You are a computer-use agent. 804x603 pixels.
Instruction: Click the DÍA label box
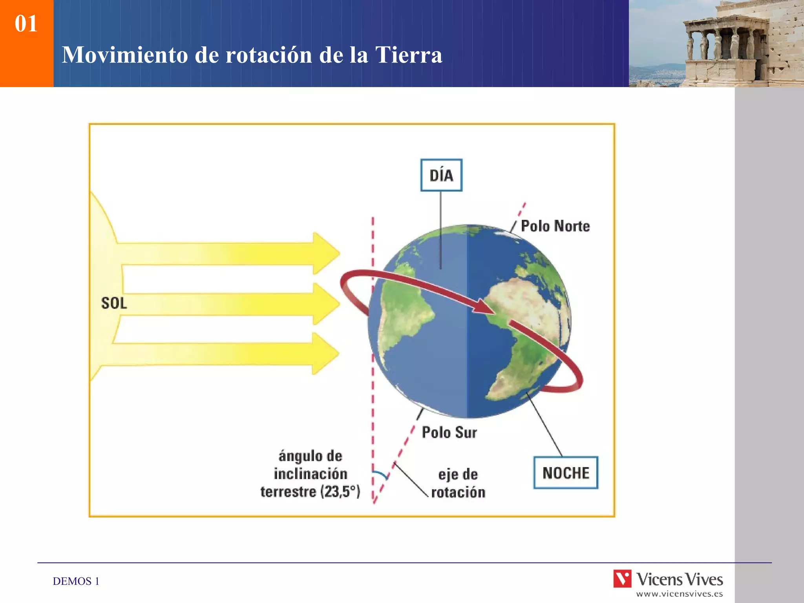click(441, 175)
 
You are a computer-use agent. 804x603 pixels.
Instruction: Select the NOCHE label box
click(565, 473)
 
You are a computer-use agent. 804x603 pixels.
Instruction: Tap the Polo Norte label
click(555, 226)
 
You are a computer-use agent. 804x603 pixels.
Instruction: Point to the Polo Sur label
click(449, 432)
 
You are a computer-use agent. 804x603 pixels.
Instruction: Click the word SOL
click(114, 303)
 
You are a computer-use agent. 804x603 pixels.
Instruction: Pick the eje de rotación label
click(458, 483)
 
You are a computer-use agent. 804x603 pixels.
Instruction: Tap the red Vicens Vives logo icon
click(622, 579)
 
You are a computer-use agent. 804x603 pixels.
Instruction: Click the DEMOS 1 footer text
click(76, 581)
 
